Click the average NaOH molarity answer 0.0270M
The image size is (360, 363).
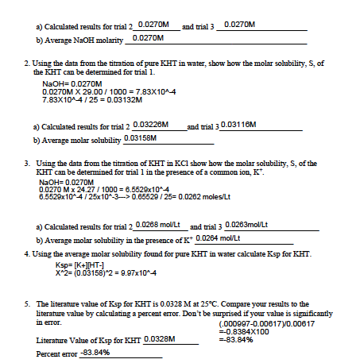(148, 37)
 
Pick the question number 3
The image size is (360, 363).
(28, 160)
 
